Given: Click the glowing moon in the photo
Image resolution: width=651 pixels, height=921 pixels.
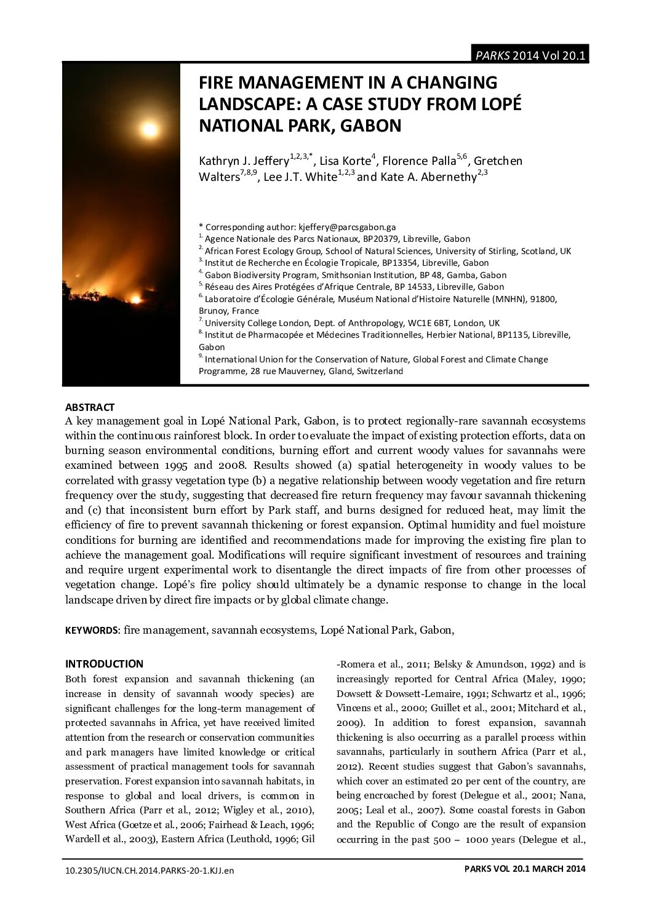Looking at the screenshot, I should (150, 129).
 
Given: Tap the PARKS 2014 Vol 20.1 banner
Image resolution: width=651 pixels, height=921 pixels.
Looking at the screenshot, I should (530, 55).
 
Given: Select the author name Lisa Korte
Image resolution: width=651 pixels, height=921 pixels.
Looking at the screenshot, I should (345, 161).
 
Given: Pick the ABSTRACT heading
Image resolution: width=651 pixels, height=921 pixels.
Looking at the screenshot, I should (90, 407).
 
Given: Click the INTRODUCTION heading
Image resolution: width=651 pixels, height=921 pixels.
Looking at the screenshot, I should (104, 664).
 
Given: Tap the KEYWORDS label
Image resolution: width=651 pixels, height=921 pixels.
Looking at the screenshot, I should (92, 631).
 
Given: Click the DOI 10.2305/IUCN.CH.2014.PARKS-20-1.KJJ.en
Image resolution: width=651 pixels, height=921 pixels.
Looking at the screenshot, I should (150, 871).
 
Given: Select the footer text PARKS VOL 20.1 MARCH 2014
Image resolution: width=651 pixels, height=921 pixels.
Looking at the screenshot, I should (525, 869).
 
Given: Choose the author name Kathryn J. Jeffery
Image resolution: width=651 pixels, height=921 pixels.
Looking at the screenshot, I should (244, 161).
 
